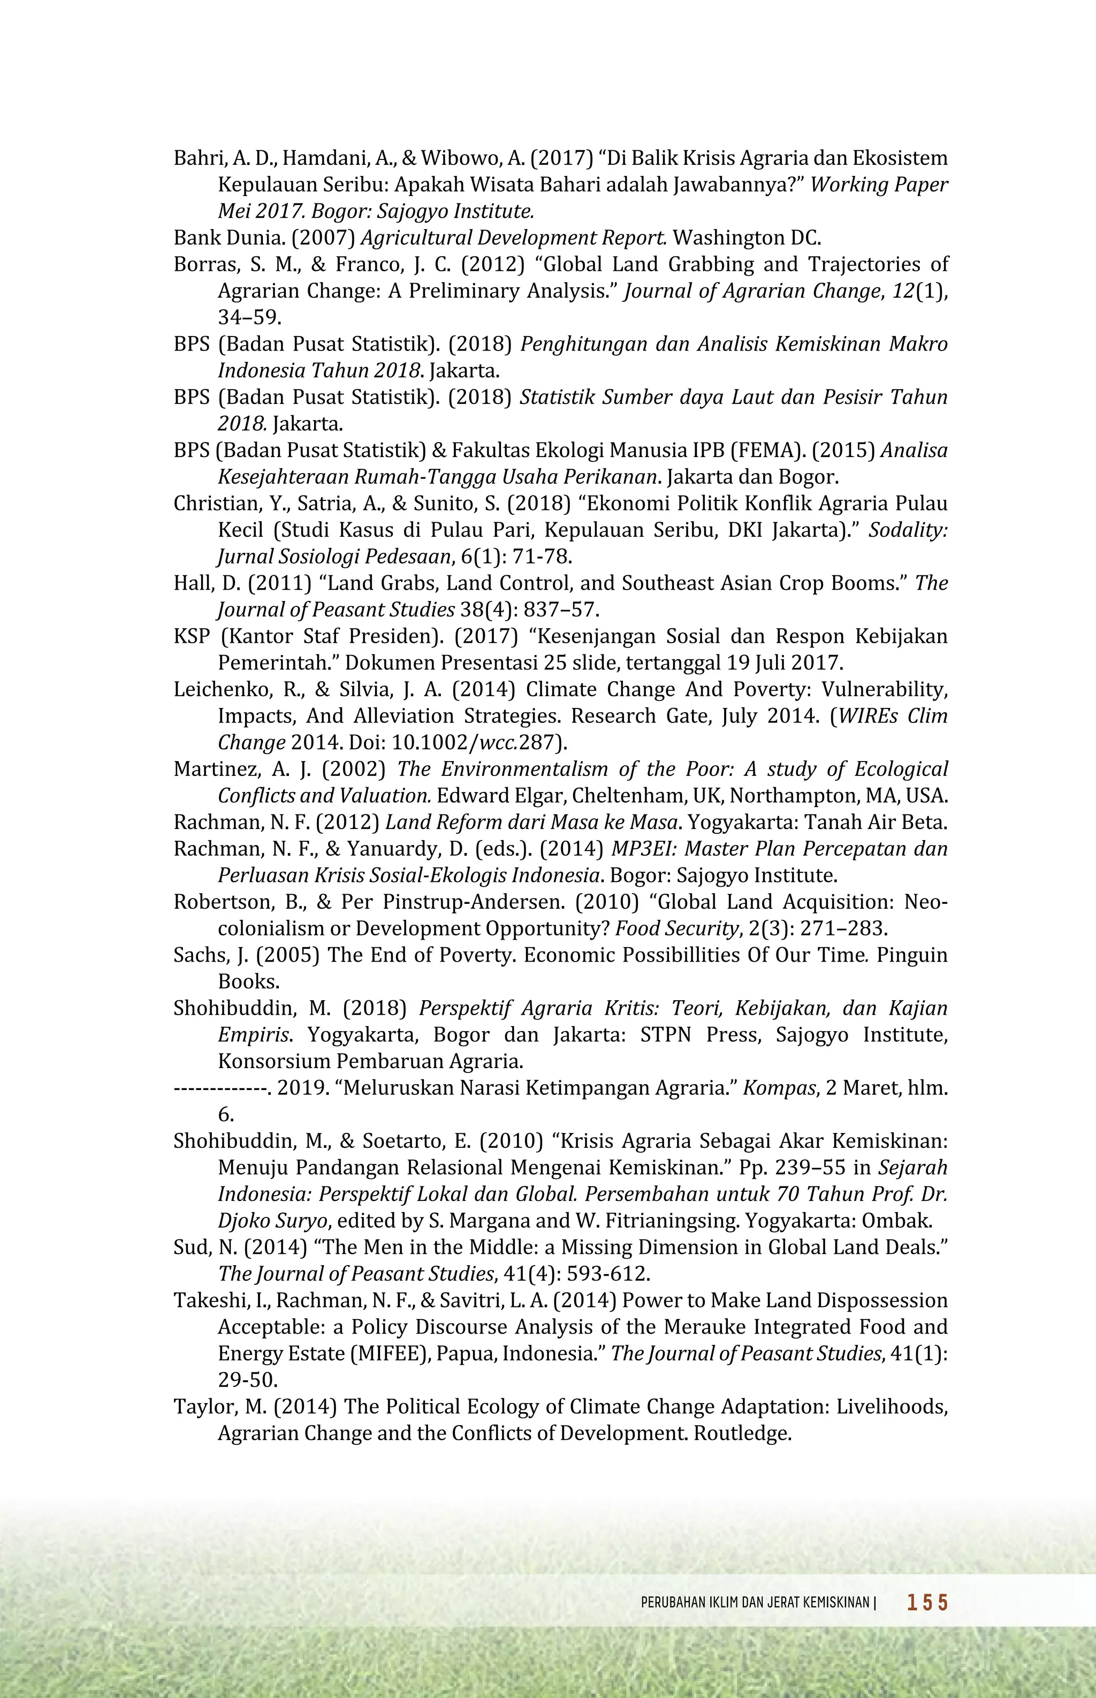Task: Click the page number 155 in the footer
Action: tap(927, 1603)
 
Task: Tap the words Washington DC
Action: tap(747, 238)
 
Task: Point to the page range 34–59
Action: tap(249, 317)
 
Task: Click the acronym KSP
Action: tap(192, 636)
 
